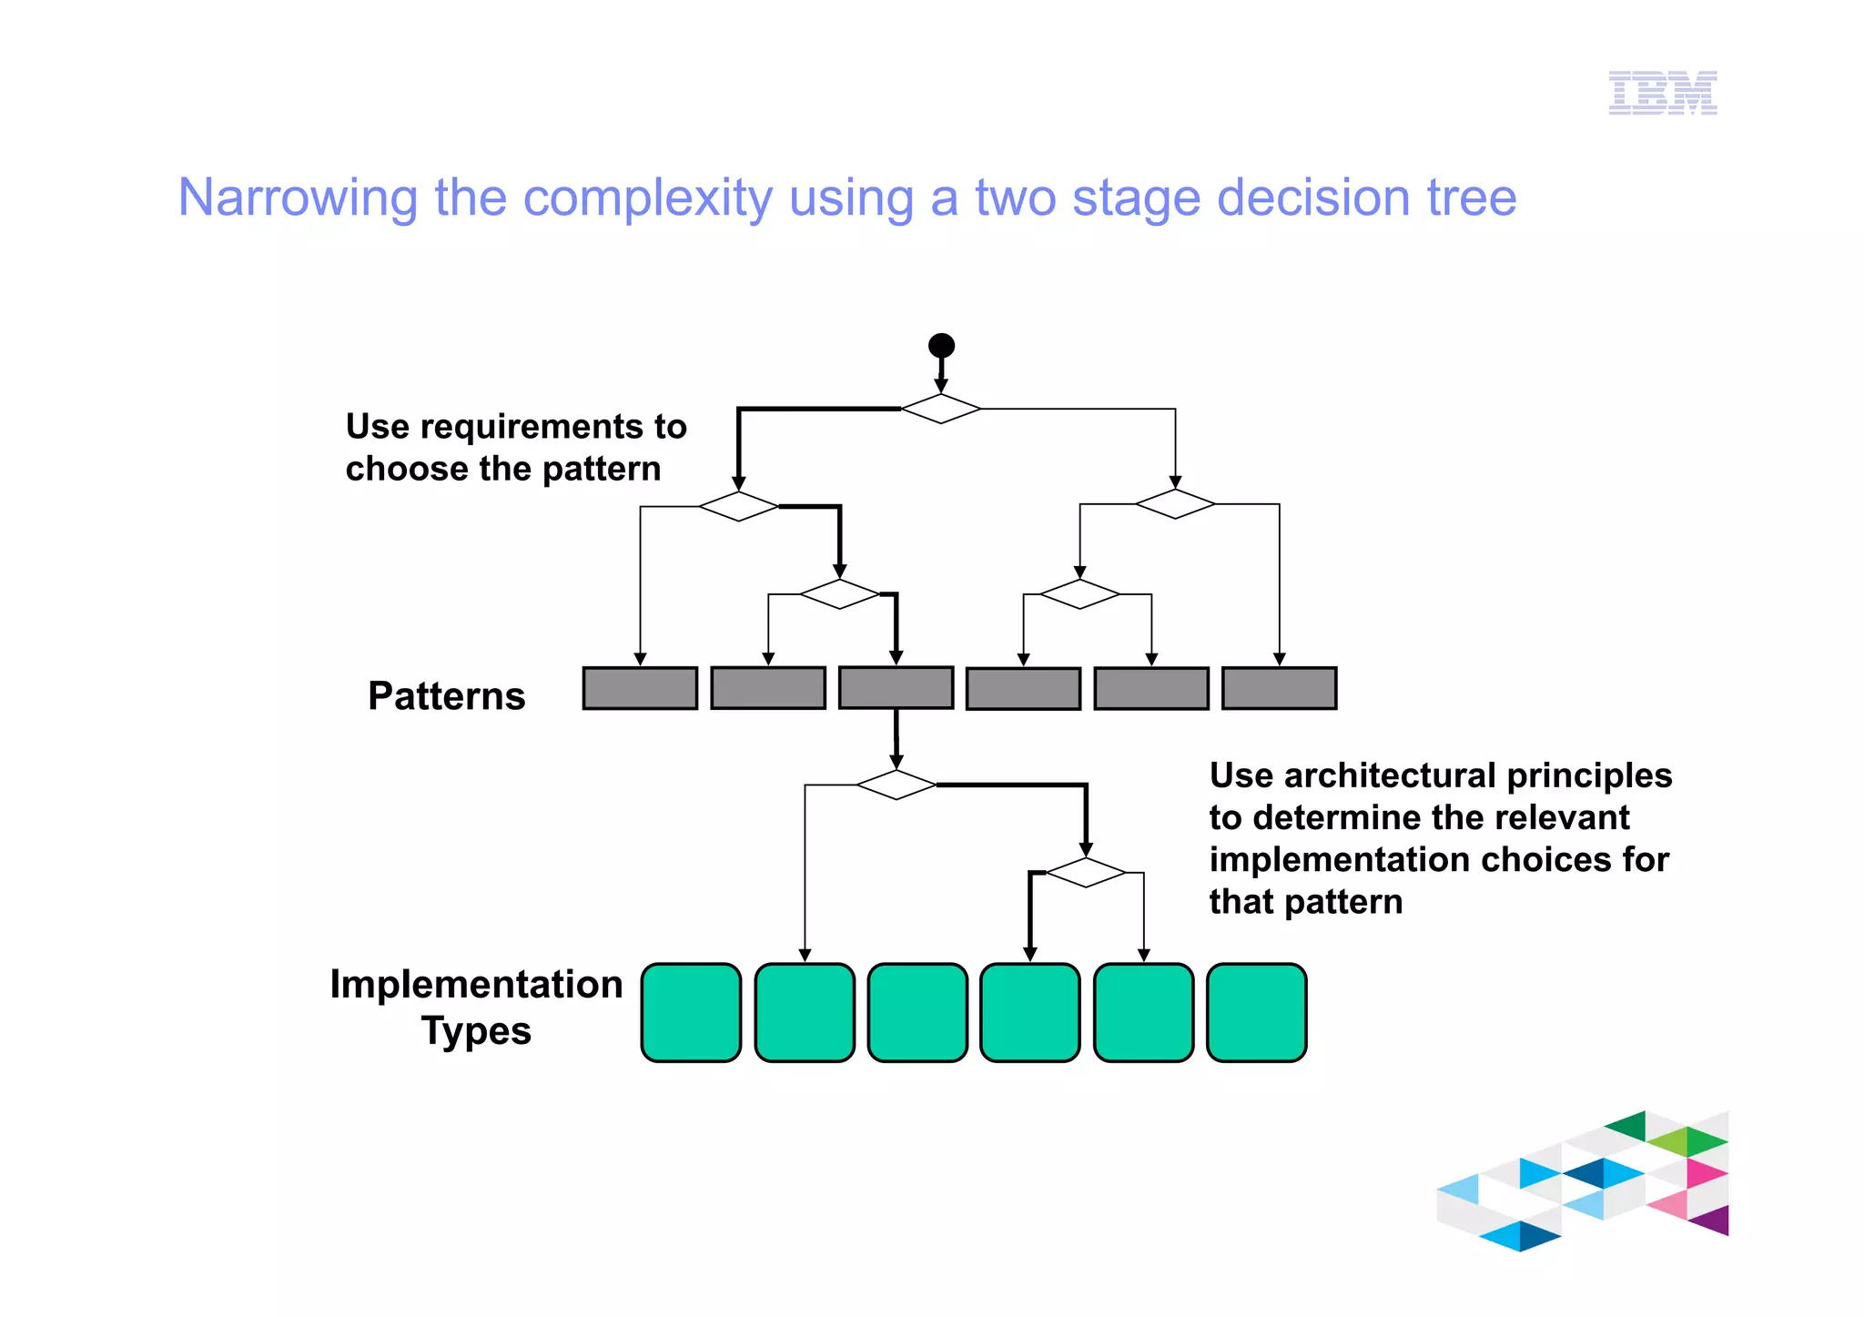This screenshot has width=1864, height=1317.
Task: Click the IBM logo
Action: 1662,93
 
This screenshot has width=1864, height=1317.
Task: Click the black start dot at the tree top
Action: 941,346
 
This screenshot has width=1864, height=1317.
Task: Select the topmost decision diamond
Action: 941,409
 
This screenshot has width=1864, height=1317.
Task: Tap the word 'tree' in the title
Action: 1471,198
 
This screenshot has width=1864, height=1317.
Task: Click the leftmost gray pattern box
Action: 640,688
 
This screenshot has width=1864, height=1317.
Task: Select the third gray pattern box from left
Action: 896,688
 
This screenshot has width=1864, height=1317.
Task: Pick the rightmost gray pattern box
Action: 1279,688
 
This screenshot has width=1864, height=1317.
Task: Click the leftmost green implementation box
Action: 691,1012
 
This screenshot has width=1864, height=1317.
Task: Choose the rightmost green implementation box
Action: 1256,1012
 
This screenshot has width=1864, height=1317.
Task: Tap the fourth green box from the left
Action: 1029,1012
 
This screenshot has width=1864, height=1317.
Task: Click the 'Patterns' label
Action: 446,696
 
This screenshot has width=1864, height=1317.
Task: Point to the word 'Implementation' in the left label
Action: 476,985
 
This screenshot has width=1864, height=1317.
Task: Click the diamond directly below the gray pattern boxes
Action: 897,785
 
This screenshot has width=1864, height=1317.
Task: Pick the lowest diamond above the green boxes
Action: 1086,872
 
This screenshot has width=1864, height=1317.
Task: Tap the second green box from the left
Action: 805,1012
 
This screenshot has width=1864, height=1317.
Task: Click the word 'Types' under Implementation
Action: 476,1031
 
